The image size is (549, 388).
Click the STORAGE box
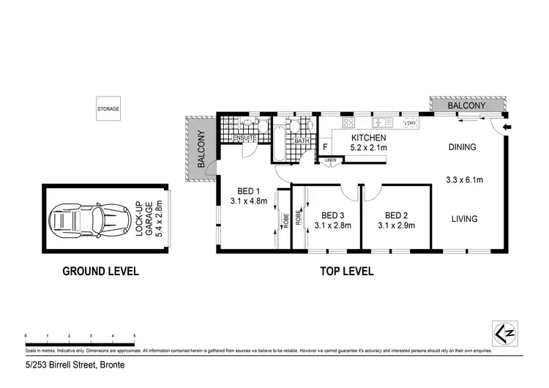pos(108,109)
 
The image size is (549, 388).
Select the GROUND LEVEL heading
pos(100,271)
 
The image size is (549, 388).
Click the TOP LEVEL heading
pos(347,271)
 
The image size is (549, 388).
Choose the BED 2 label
pos(395,214)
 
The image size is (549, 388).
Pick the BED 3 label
pos(332,214)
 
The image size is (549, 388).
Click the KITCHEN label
pos(368,138)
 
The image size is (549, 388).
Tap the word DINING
pos(462,147)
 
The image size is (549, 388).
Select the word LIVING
pos(464,218)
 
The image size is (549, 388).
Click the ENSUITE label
pos(243,138)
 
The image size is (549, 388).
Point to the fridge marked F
pos(324,147)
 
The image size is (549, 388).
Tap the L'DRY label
pos(410,123)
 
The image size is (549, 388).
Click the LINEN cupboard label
pos(331,159)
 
